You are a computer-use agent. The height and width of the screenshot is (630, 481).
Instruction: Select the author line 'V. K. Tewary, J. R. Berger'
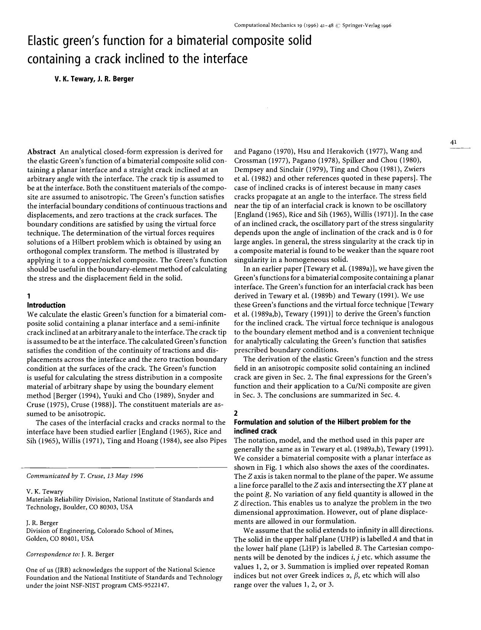[x=93, y=80]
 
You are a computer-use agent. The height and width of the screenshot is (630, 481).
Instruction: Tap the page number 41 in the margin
[x=453, y=142]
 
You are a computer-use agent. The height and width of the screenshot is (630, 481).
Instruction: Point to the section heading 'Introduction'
[x=46, y=305]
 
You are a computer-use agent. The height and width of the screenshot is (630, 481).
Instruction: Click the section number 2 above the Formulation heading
[x=235, y=413]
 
